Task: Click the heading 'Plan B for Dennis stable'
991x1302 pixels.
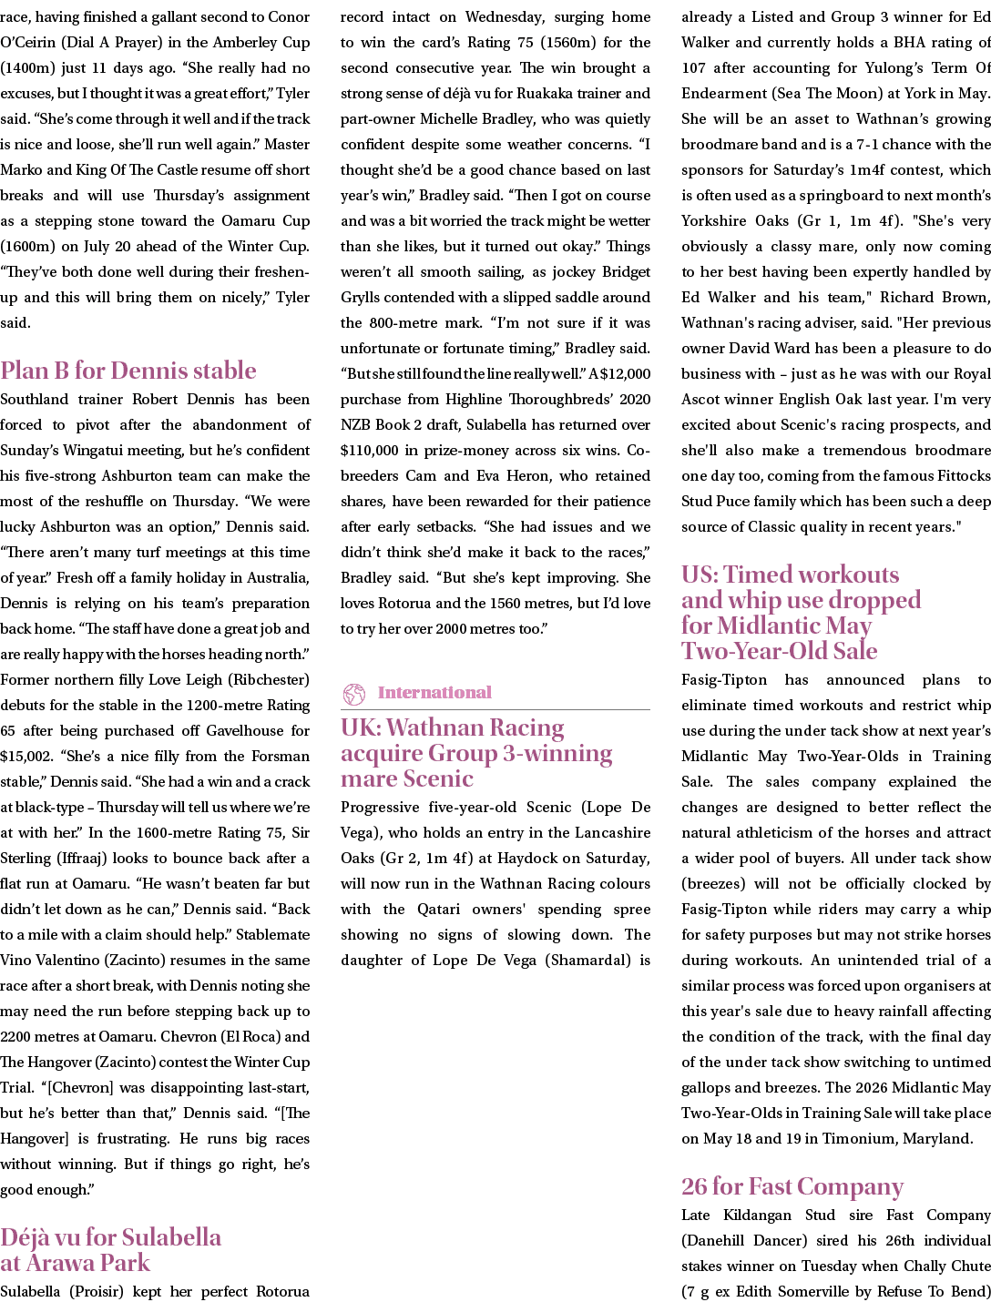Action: (x=128, y=371)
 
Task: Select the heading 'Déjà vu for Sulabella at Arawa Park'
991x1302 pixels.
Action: (x=111, y=1249)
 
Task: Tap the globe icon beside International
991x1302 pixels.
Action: (x=353, y=693)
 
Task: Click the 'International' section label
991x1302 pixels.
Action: (x=434, y=693)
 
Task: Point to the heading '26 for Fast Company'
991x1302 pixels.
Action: (x=792, y=1186)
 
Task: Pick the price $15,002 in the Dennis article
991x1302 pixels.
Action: (x=27, y=757)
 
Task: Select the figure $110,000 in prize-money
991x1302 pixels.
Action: (x=372, y=451)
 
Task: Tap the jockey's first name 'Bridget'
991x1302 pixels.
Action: (x=622, y=272)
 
